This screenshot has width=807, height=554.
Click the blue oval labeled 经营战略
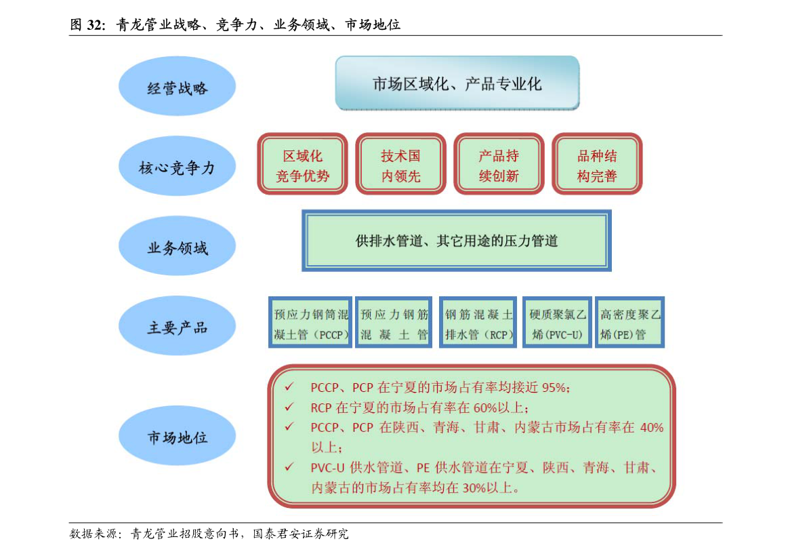[177, 86]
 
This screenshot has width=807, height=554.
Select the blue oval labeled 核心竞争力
[177, 165]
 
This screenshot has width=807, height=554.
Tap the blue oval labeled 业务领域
[177, 245]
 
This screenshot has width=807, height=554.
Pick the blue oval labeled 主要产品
[177, 325]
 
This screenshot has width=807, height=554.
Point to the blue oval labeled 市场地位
[177, 435]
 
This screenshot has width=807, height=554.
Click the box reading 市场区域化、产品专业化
[457, 83]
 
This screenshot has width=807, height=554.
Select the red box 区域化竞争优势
[303, 163]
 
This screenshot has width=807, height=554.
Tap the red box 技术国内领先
[401, 163]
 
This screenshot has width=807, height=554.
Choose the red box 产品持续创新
[499, 163]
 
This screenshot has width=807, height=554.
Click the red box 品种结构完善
[597, 163]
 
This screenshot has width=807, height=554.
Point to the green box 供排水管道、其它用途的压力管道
[457, 241]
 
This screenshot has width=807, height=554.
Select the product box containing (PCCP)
[310, 322]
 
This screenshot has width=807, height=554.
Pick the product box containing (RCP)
[478, 322]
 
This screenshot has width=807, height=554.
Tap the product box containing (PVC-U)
[558, 322]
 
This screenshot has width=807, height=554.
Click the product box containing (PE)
[630, 322]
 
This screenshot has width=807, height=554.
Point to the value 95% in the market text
[554, 387]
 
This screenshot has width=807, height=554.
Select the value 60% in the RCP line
[485, 408]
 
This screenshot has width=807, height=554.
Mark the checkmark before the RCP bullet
[289, 407]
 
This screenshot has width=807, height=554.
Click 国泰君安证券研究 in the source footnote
[301, 534]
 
